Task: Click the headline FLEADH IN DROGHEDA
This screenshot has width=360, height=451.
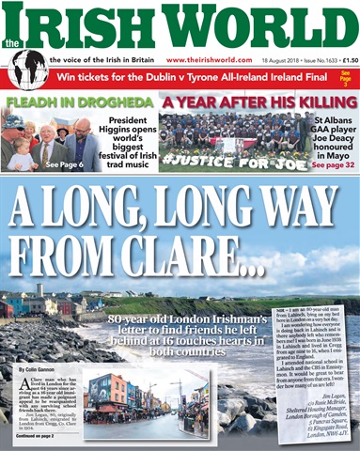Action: point(79,101)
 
